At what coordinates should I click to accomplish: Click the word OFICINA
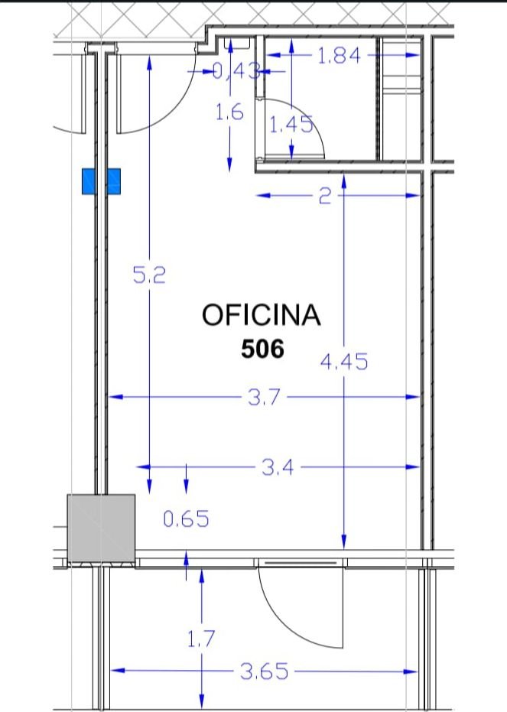click(261, 315)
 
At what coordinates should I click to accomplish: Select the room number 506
click(262, 349)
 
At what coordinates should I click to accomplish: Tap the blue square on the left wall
click(102, 181)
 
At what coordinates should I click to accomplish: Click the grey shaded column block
click(101, 529)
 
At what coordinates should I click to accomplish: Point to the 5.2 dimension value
click(149, 275)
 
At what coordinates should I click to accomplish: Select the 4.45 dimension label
click(343, 361)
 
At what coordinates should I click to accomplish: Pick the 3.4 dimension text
click(278, 467)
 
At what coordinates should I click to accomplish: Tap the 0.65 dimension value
click(186, 520)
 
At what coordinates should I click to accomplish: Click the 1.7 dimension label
click(200, 640)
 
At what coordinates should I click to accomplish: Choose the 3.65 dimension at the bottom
click(265, 671)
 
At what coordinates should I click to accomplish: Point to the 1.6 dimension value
click(229, 113)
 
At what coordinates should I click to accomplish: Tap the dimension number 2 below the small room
click(324, 197)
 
